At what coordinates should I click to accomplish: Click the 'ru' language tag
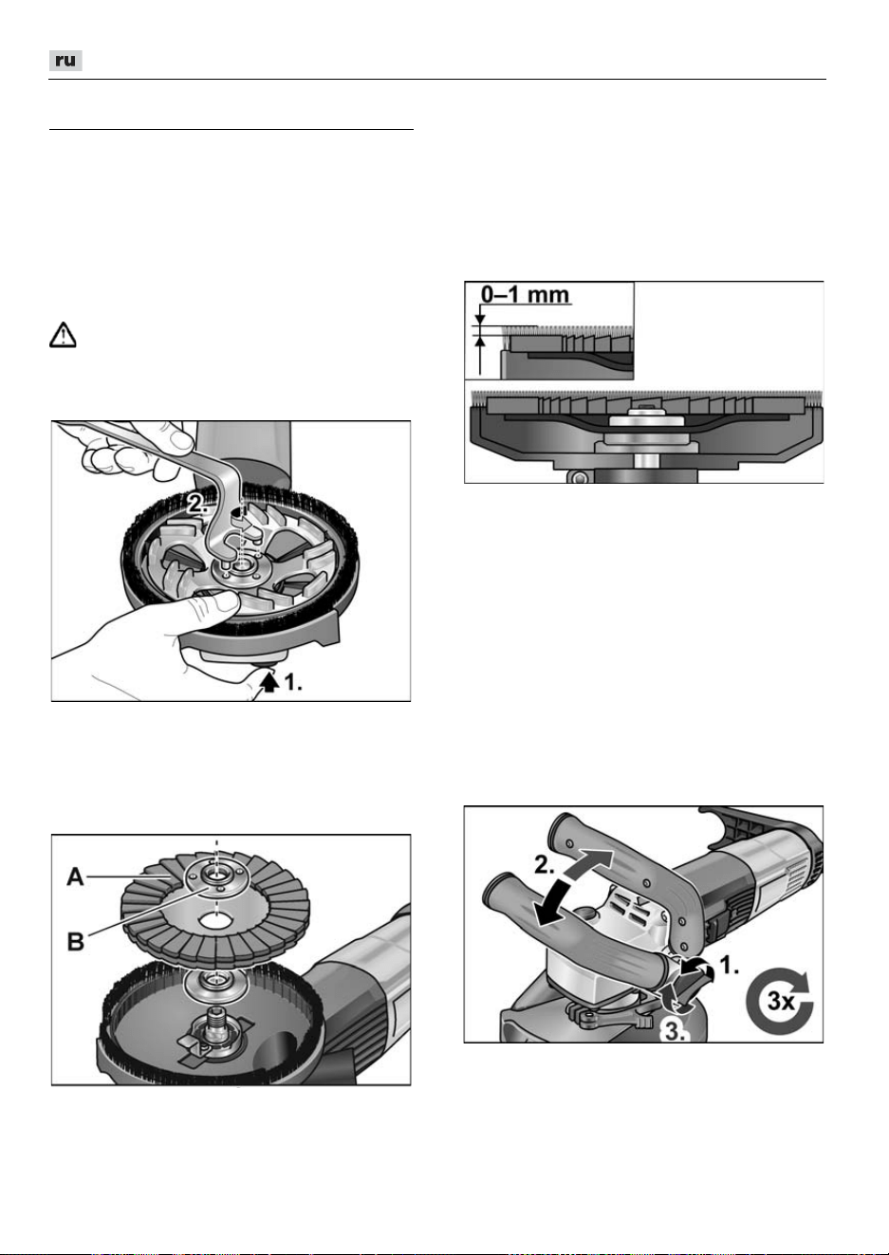pyautogui.click(x=65, y=61)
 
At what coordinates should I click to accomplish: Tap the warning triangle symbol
pyautogui.click(x=63, y=335)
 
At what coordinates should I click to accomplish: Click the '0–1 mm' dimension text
pyautogui.click(x=526, y=294)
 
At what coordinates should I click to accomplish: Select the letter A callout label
pyautogui.click(x=76, y=877)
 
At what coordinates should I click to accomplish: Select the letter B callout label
pyautogui.click(x=76, y=941)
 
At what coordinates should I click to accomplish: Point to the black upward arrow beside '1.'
pyautogui.click(x=270, y=682)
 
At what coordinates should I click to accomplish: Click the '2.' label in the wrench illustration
pyautogui.click(x=196, y=504)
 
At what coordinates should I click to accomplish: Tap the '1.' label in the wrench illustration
pyautogui.click(x=293, y=682)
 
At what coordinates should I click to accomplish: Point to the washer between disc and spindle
pyautogui.click(x=215, y=982)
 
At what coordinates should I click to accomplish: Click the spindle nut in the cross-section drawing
pyautogui.click(x=646, y=419)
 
